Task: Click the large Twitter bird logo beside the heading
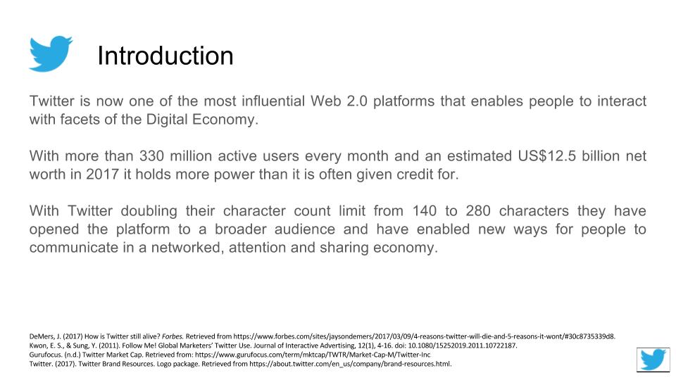(x=51, y=53)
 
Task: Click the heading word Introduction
(x=165, y=56)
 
